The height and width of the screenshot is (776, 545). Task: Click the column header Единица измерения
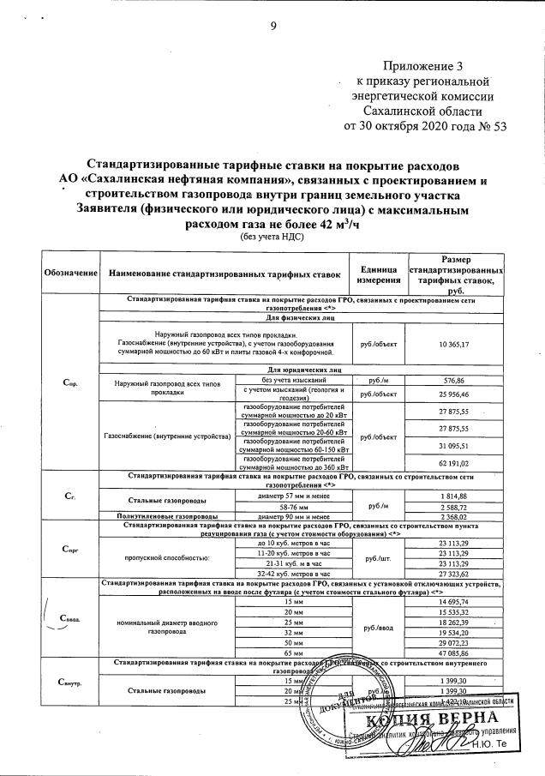pyautogui.click(x=378, y=273)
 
